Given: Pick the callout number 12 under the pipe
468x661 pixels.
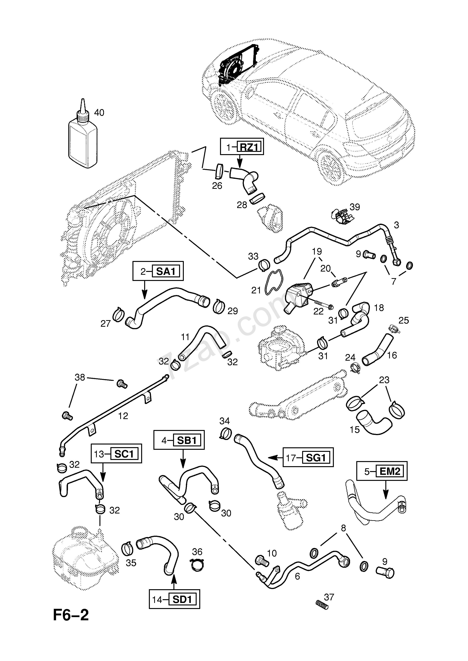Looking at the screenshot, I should [123, 416].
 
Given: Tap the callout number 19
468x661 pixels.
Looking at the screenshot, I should [317, 251].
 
